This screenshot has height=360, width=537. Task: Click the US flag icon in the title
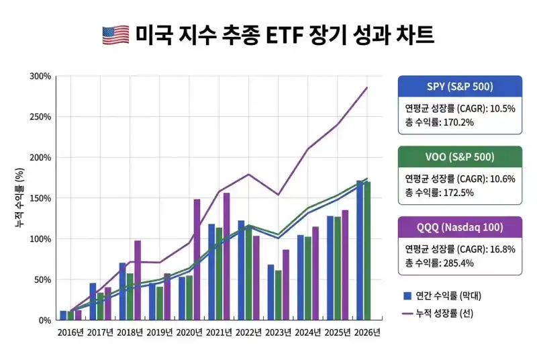(115, 35)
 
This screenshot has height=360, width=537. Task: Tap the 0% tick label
(45, 320)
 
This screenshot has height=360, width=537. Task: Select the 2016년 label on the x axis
(70, 332)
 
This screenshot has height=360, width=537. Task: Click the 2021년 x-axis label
(218, 332)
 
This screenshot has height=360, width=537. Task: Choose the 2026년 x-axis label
(367, 332)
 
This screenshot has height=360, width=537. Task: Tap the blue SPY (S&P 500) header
(460, 86)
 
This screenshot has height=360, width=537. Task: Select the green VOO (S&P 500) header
(460, 157)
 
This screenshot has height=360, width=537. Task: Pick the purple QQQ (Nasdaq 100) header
(460, 227)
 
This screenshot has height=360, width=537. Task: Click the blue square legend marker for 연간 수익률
(407, 296)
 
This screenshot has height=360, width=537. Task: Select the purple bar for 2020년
(197, 259)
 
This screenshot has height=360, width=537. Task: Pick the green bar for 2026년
(367, 251)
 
